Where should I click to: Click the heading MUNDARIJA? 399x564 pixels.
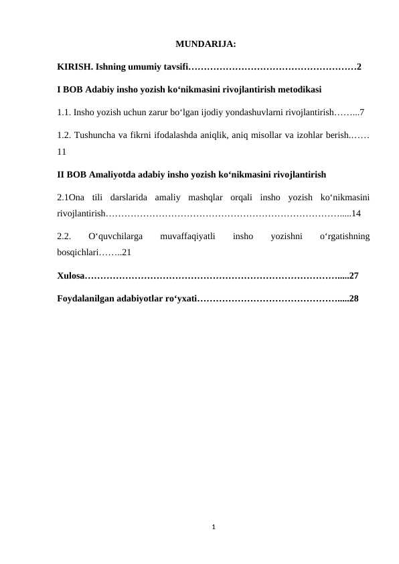[x=205, y=45]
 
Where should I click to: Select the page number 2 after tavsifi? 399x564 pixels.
[x=360, y=67]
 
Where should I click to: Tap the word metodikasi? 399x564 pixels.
[x=299, y=88]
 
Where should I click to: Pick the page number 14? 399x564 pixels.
[x=355, y=214]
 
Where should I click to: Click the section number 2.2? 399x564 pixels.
[x=64, y=236]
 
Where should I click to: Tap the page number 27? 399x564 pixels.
[x=354, y=275]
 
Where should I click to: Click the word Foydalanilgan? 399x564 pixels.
[x=88, y=297]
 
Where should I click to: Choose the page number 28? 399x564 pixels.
[x=354, y=297]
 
